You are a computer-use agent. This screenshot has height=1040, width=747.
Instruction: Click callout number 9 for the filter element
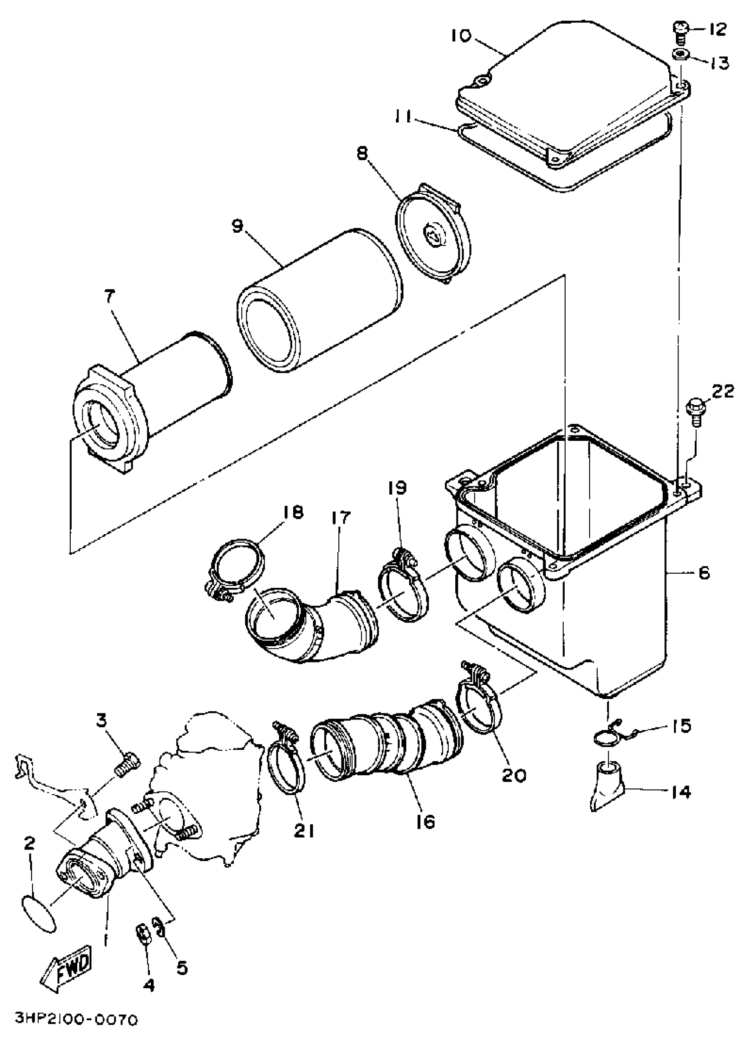pyautogui.click(x=237, y=226)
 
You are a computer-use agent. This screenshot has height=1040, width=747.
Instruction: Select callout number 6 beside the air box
pyautogui.click(x=703, y=573)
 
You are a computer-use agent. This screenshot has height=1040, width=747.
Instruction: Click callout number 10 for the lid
pyautogui.click(x=460, y=36)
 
